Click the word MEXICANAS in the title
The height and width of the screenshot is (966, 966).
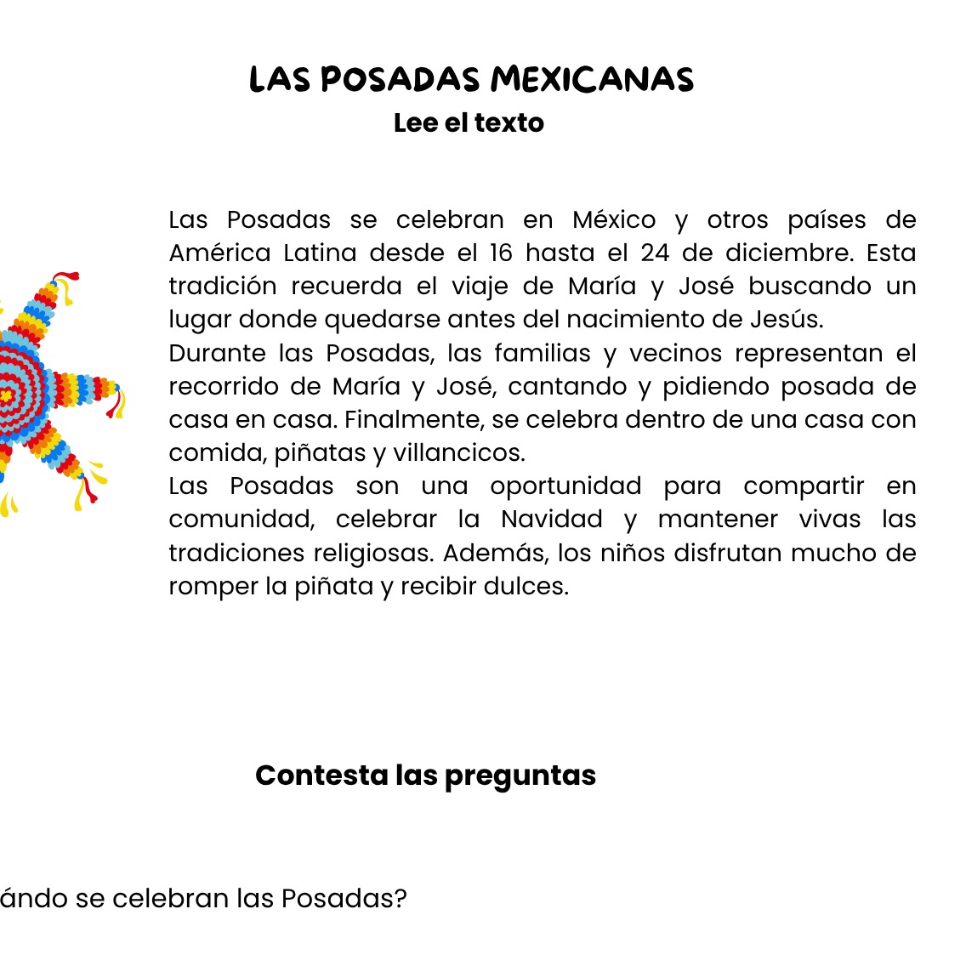592,80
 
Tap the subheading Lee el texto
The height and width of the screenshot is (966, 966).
469,123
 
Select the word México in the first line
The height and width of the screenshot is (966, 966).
614,220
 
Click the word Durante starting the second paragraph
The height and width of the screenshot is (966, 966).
217,353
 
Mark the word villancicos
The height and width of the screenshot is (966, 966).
458,453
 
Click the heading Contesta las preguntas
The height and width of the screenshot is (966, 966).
425,776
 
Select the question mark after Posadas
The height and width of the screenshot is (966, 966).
401,899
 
